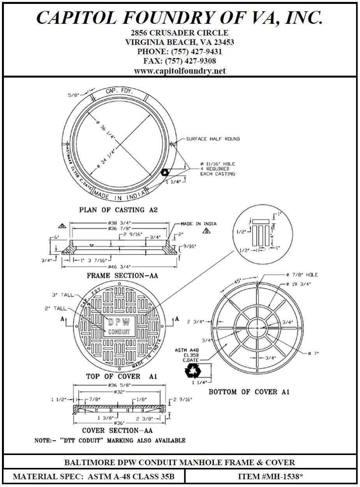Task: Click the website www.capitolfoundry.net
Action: pyautogui.click(x=180, y=71)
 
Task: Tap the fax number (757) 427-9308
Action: pyautogui.click(x=180, y=61)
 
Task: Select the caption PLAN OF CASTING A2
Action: pyautogui.click(x=118, y=210)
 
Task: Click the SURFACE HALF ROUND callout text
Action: pyautogui.click(x=213, y=139)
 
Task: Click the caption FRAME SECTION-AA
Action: pyautogui.click(x=122, y=276)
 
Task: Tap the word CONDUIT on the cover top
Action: pyautogui.click(x=119, y=332)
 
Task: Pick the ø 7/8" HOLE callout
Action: pyautogui.click(x=302, y=275)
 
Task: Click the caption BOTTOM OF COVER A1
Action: pyautogui.click(x=249, y=391)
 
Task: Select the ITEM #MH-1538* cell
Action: pyautogui.click(x=270, y=476)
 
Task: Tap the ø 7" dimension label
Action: pyautogui.click(x=313, y=353)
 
